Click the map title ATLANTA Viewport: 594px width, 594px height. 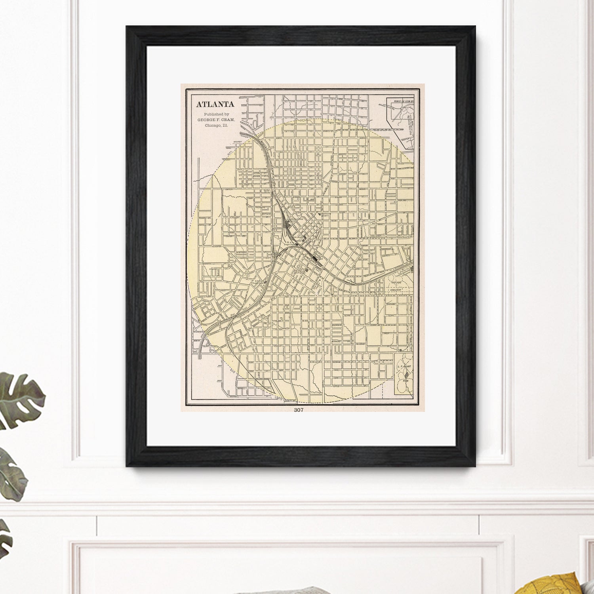point(215,105)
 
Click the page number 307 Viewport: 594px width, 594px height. point(299,410)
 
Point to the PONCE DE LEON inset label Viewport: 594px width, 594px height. point(401,101)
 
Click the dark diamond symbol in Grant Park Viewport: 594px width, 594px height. point(406,373)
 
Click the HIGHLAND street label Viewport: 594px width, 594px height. point(402,200)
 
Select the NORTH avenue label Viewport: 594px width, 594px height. point(279,139)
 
